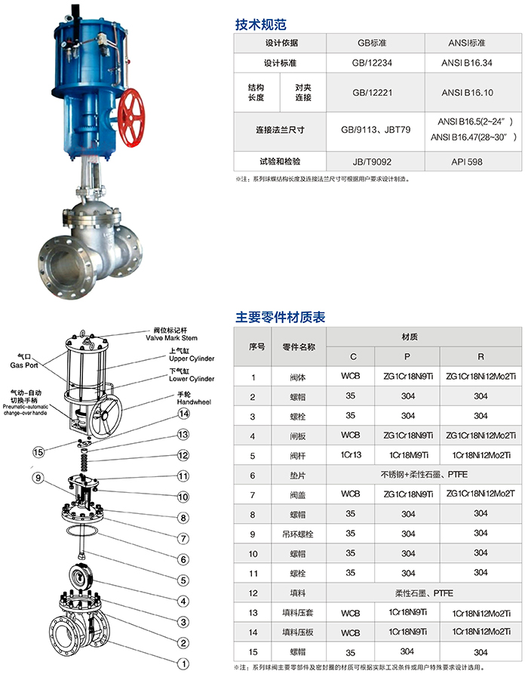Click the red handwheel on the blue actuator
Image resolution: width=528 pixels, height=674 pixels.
tap(130, 117)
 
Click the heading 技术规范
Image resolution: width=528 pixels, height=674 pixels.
tap(261, 24)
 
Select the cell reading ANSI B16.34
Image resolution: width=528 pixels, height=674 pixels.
tap(467, 63)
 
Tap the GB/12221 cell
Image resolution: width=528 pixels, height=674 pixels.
tap(372, 92)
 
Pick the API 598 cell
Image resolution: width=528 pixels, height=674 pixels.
tap(467, 162)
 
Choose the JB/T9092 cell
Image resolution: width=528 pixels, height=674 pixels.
tap(372, 162)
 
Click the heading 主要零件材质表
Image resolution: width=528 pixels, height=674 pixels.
tap(280, 317)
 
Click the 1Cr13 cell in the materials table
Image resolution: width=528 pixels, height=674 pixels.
tap(351, 455)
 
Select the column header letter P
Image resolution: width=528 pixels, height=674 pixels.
tap(407, 356)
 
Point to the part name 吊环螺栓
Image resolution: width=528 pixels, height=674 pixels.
tap(298, 534)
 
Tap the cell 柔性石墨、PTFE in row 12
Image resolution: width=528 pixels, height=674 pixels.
tap(424, 593)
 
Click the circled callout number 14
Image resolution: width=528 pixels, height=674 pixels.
tap(184, 414)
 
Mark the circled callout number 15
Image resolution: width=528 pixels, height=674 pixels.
tap(38, 452)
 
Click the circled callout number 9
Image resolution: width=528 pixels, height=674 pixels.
tap(38, 478)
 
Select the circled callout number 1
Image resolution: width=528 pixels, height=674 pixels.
tap(183, 663)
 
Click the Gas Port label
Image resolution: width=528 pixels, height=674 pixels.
tap(24, 365)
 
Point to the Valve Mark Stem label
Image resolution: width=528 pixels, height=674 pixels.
tap(171, 338)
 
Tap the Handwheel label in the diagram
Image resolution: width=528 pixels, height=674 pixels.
tap(194, 402)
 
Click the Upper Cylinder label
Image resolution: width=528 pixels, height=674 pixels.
tap(192, 358)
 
